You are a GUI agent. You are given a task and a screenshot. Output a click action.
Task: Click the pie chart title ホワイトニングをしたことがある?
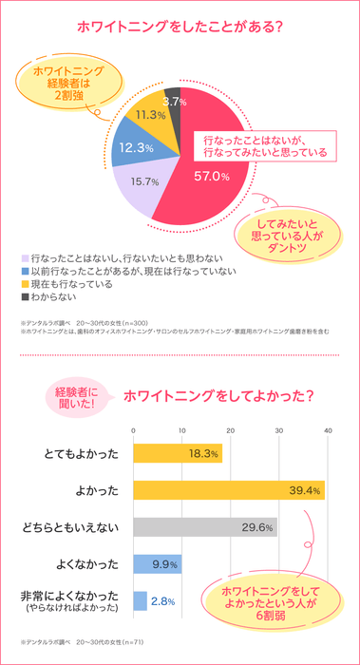[180, 28]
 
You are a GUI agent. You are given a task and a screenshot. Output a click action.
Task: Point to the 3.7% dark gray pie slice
[173, 102]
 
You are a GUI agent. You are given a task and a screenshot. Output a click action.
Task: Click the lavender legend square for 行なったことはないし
[25, 257]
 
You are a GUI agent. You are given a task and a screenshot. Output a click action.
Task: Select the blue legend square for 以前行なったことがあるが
[25, 271]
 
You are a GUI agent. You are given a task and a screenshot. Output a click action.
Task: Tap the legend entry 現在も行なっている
[71, 284]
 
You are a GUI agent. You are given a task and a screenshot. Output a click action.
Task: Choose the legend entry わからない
[57, 297]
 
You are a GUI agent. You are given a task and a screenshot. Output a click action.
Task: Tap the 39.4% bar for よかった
[228, 490]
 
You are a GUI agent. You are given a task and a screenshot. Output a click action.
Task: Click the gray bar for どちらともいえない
[205, 527]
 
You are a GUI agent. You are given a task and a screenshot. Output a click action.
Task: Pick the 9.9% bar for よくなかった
[157, 564]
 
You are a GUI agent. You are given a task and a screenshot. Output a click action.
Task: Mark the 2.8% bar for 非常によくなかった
[140, 600]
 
